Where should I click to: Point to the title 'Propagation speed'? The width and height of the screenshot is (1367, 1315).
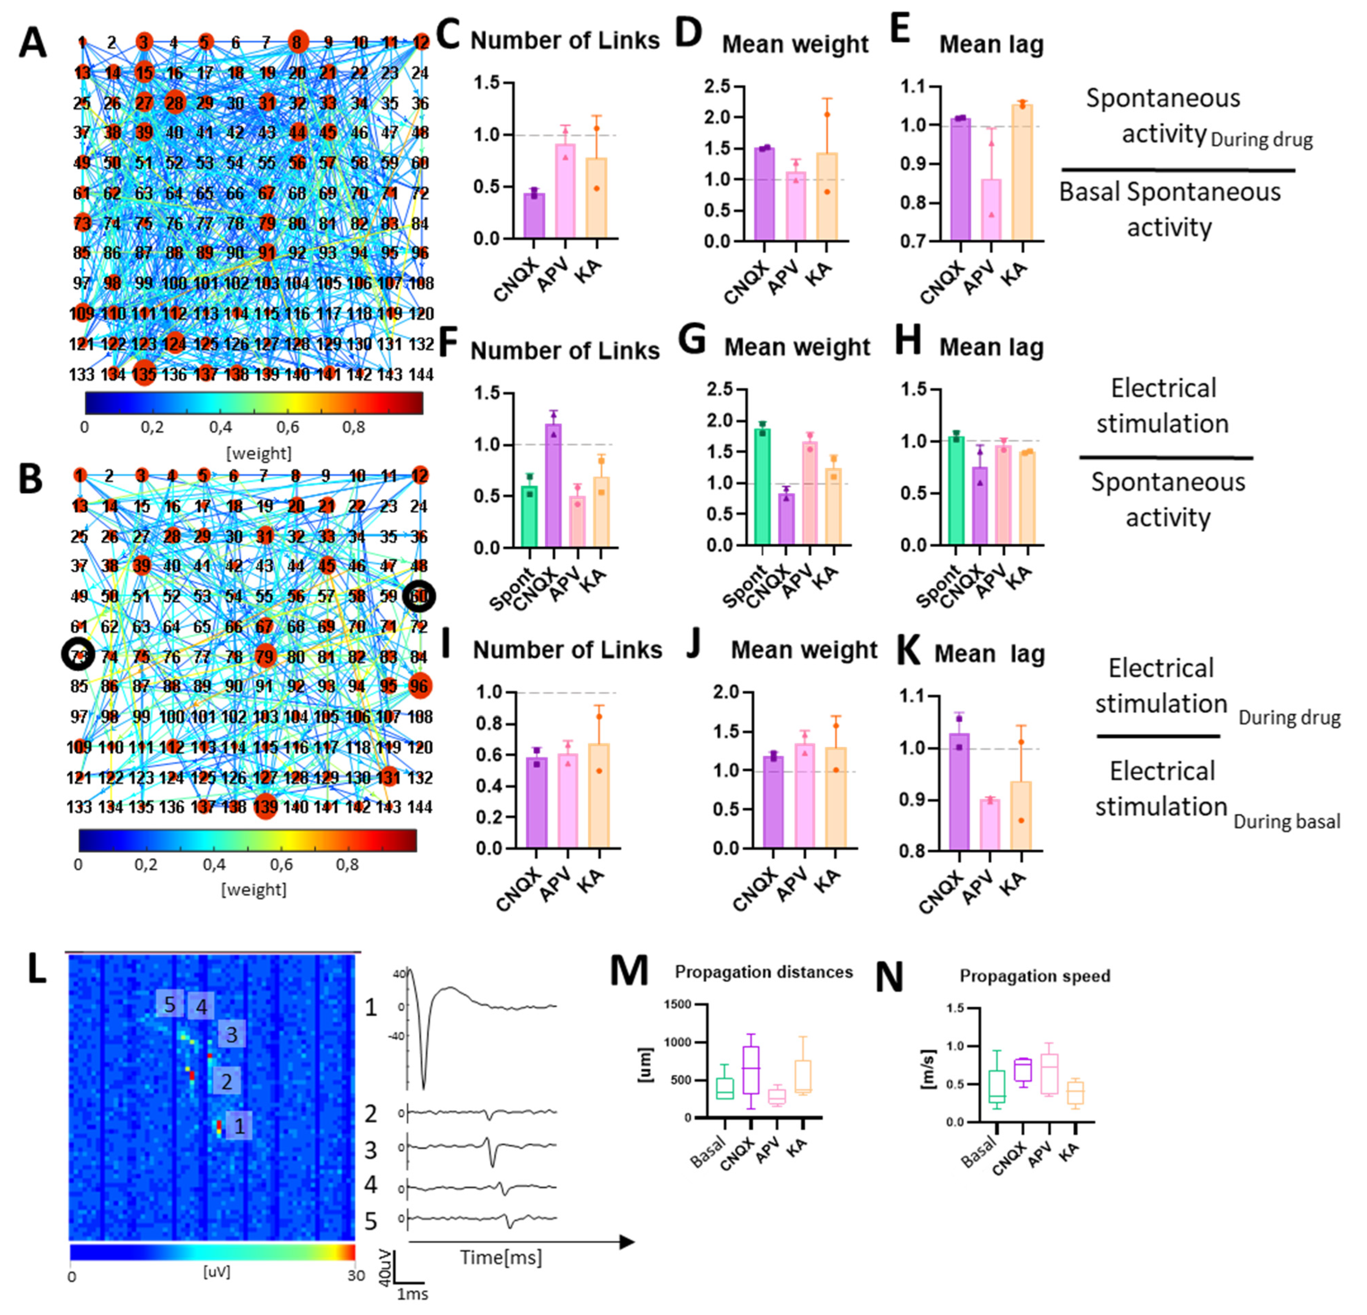point(1035,976)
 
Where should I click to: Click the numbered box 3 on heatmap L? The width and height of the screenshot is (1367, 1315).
point(232,1035)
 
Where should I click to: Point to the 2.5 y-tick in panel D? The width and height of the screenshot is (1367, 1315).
point(718,86)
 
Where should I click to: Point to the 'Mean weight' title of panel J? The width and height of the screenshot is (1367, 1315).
point(803,650)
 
